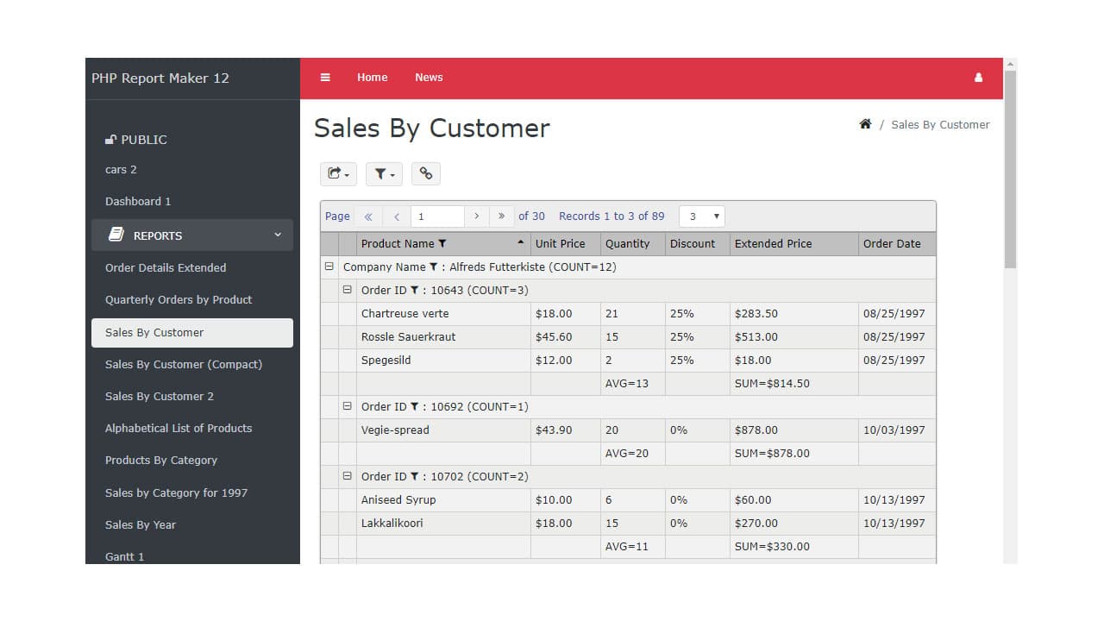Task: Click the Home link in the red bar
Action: coord(372,78)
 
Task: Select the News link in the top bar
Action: coord(429,78)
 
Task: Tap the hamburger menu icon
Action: coord(325,78)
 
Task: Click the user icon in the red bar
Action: coord(978,78)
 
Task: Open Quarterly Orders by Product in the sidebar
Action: coord(179,300)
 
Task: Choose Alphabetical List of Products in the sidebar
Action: coord(179,429)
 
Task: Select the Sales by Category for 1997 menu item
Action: coord(176,493)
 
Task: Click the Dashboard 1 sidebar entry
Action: coord(138,202)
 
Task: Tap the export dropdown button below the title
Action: coord(338,173)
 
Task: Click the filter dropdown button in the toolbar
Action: coord(384,173)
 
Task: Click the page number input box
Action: coord(437,216)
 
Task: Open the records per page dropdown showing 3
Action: coord(702,216)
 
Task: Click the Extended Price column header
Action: coord(773,244)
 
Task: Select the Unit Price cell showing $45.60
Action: coord(554,337)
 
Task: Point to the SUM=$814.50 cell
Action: coord(772,384)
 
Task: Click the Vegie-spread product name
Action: coord(395,430)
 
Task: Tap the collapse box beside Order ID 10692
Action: coord(348,406)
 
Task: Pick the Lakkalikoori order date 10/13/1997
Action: coord(894,524)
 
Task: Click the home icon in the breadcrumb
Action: coord(865,124)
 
